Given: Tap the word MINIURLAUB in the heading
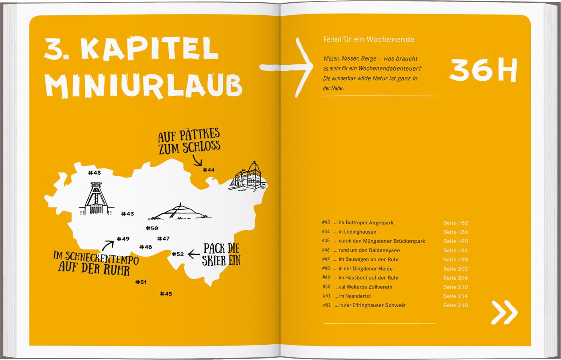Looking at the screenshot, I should [144, 85].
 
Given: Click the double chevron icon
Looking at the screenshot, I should [505, 312].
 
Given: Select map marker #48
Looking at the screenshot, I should [95, 173].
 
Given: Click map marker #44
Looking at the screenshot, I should [208, 170].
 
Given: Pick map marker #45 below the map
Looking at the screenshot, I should [166, 294].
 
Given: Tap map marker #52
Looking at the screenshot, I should [178, 254].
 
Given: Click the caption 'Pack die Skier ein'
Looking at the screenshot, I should [221, 255].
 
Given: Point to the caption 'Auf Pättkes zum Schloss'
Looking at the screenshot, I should [189, 142].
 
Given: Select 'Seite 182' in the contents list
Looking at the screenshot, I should [456, 223].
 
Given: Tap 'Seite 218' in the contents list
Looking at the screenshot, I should [456, 305].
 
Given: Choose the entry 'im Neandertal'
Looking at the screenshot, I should [355, 296].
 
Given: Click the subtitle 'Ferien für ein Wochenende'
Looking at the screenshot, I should [369, 40].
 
